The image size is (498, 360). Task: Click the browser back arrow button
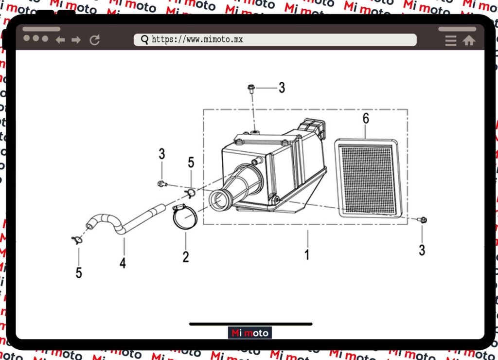pyautogui.click(x=60, y=40)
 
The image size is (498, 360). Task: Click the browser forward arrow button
pyautogui.click(x=76, y=40)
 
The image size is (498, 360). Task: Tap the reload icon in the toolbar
pyautogui.click(x=95, y=40)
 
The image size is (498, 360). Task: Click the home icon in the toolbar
pyautogui.click(x=469, y=40)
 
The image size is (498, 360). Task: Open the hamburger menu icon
pyautogui.click(x=451, y=41)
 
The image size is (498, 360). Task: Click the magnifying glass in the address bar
pyautogui.click(x=145, y=40)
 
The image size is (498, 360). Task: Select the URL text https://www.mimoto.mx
pyautogui.click(x=197, y=39)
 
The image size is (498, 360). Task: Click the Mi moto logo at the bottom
pyautogui.click(x=250, y=333)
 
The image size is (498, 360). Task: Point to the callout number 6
pyautogui.click(x=366, y=119)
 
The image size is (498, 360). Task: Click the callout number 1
pyautogui.click(x=307, y=255)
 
